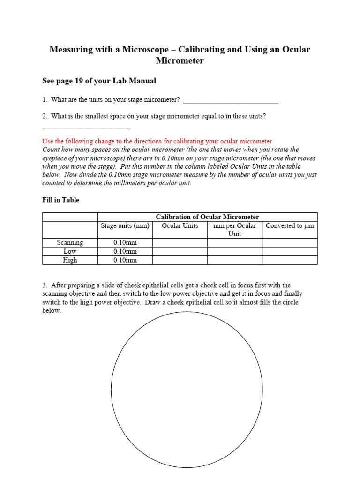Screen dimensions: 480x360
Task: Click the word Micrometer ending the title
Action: pos(180,61)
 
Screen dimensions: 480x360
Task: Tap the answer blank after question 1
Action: pos(231,100)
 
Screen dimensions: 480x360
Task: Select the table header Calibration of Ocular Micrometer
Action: pos(207,217)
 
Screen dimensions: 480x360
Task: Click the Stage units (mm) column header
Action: pos(125,225)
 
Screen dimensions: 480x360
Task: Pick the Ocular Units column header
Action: pos(180,225)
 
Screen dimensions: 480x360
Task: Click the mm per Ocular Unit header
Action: pos(234,230)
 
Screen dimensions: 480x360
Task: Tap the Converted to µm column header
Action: pos(290,225)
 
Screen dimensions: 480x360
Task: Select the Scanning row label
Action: pos(70,243)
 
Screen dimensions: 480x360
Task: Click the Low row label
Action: pos(70,251)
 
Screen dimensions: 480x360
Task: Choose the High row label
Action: pos(70,260)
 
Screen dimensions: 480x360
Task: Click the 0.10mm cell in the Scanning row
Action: pos(125,243)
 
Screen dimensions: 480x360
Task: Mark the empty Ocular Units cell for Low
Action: pos(180,251)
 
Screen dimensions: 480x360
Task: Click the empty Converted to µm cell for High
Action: pos(290,260)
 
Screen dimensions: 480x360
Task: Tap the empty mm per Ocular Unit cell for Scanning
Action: pos(234,243)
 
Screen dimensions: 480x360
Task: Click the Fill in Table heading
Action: pos(61,200)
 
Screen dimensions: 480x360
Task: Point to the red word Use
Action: pos(48,141)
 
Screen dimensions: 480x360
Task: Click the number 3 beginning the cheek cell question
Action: pos(45,285)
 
